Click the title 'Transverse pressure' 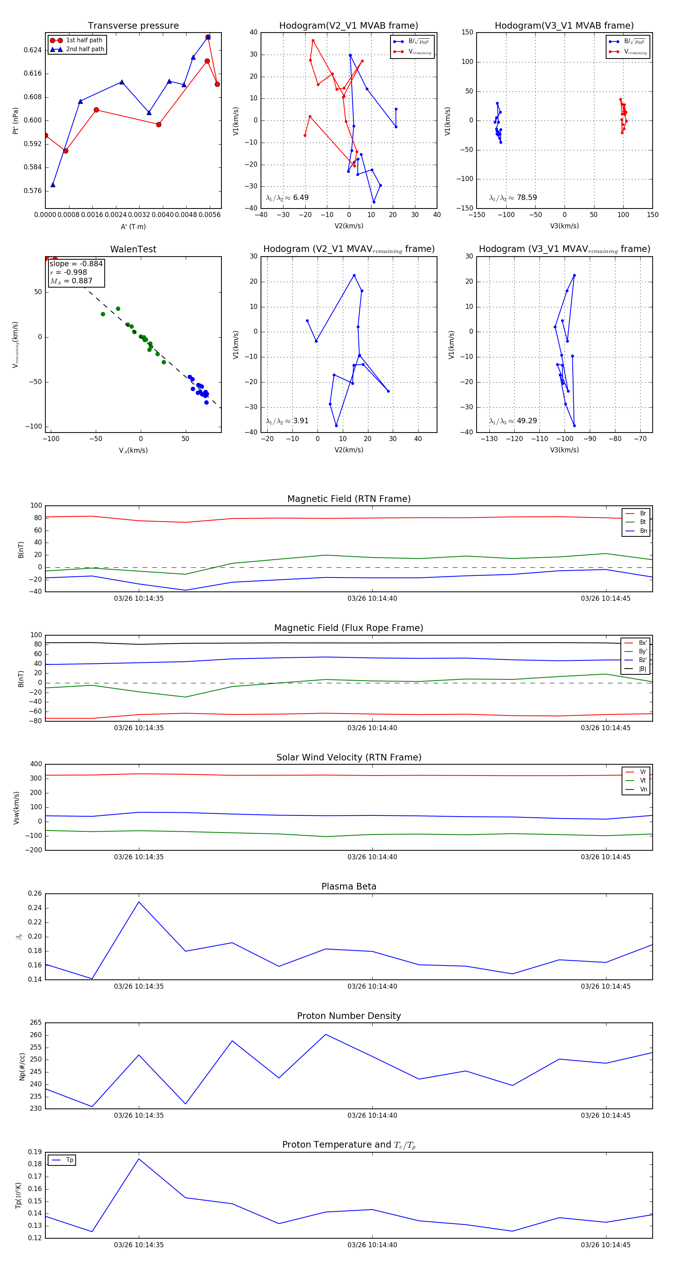pyautogui.click(x=133, y=26)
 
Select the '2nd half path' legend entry pyautogui.click(x=85, y=49)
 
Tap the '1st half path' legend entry pyautogui.click(x=84, y=40)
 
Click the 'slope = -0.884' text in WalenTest pyautogui.click(x=76, y=264)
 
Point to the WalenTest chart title pyautogui.click(x=133, y=249)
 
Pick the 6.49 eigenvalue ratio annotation pyautogui.click(x=301, y=198)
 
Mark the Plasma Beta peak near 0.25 pyautogui.click(x=138, y=902)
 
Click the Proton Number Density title pyautogui.click(x=349, y=1016)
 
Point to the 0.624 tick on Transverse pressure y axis pyautogui.click(x=33, y=50)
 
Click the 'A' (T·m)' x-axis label pyautogui.click(x=133, y=226)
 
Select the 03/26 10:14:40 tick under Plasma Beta pyautogui.click(x=372, y=986)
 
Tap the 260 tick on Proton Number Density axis pyautogui.click(x=36, y=1035)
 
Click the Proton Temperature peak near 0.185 pyautogui.click(x=138, y=1159)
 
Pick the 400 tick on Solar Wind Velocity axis pyautogui.click(x=36, y=764)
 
